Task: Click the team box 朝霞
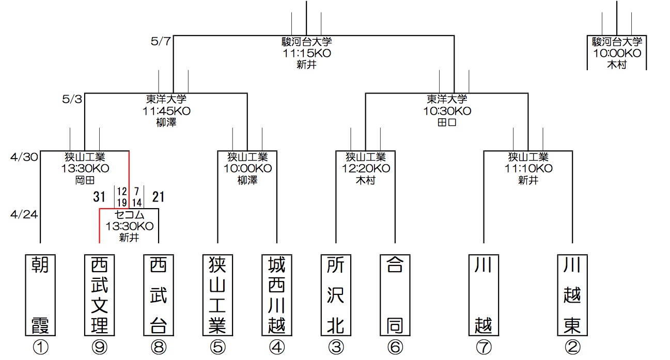pyautogui.click(x=40, y=294)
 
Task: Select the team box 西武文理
pyautogui.click(x=99, y=294)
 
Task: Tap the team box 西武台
pyautogui.click(x=158, y=294)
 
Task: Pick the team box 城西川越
pyautogui.click(x=277, y=294)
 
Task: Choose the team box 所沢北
pyautogui.click(x=336, y=294)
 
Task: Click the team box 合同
pyautogui.click(x=395, y=294)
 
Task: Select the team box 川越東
pyautogui.click(x=572, y=294)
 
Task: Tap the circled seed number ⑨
pyautogui.click(x=99, y=347)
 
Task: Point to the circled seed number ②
pyautogui.click(x=572, y=347)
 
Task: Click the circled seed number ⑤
pyautogui.click(x=217, y=347)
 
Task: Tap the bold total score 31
pyautogui.click(x=100, y=197)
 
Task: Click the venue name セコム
pyautogui.click(x=129, y=215)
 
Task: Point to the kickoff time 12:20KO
pyautogui.click(x=366, y=168)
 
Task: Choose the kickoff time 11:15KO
pyautogui.click(x=307, y=53)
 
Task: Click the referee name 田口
pyautogui.click(x=447, y=123)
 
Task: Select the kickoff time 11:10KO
pyautogui.click(x=528, y=168)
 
